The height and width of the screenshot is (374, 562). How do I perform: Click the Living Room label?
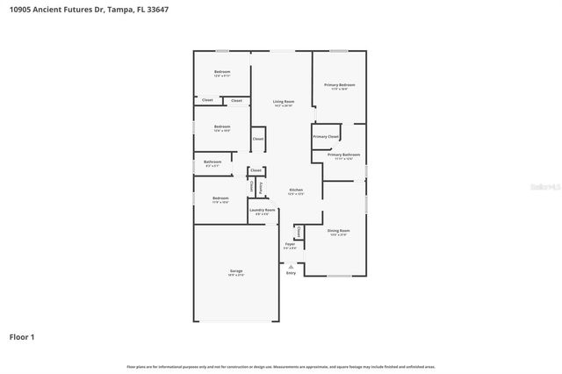coord(282,102)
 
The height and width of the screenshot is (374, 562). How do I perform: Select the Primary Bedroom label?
coord(339,85)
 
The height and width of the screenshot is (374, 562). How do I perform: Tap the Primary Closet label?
coord(326,137)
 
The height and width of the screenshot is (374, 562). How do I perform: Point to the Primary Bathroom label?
coord(340,155)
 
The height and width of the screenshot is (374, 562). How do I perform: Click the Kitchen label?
coord(296,191)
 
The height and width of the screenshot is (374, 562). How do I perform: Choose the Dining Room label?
coord(338,231)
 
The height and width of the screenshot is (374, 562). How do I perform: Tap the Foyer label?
coord(289,244)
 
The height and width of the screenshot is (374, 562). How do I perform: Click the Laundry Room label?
coord(263,210)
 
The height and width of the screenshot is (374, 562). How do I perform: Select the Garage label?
coord(236,271)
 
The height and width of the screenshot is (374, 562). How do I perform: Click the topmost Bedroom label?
coord(222,72)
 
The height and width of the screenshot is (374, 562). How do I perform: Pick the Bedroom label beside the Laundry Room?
coord(220,198)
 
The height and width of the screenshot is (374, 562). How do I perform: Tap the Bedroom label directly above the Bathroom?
coord(222,126)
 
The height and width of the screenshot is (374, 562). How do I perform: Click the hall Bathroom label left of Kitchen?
coord(213,162)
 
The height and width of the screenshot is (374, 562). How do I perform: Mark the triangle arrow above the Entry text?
coord(291,265)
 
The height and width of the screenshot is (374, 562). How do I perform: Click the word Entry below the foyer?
coord(291,273)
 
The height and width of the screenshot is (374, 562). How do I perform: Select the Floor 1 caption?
coord(22,336)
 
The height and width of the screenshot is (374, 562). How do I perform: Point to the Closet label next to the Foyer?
coord(299,232)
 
